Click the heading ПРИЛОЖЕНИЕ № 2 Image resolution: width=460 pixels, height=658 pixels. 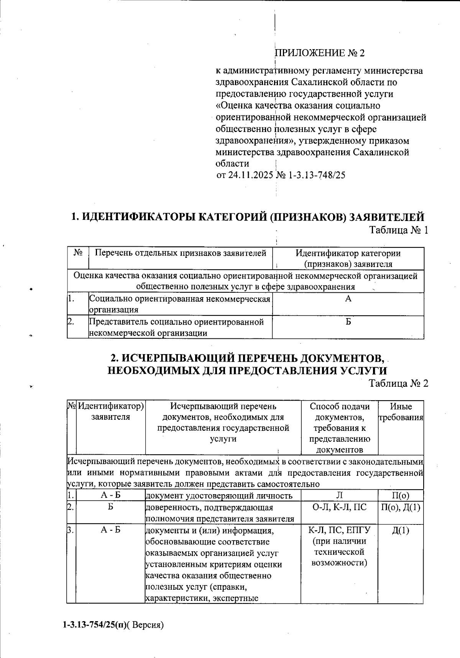click(x=320, y=53)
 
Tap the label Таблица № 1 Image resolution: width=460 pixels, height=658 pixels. click(x=398, y=230)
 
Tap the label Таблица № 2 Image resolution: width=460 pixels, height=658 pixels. click(x=398, y=383)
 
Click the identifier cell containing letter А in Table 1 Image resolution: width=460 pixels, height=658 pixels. click(x=348, y=299)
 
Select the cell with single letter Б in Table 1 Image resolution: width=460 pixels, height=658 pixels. click(x=348, y=322)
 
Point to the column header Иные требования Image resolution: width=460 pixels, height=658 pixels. click(x=401, y=412)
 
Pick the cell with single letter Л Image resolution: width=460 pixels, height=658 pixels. click(x=339, y=495)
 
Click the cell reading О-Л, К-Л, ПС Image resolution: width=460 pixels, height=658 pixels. click(x=339, y=507)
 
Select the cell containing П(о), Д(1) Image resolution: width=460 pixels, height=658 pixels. click(x=401, y=507)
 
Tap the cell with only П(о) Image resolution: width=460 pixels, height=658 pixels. click(x=401, y=495)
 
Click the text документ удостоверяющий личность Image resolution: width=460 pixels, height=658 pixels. click(x=219, y=496)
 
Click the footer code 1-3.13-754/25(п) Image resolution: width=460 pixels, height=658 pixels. click(x=95, y=625)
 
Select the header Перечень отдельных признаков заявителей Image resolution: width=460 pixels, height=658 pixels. click(x=180, y=253)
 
